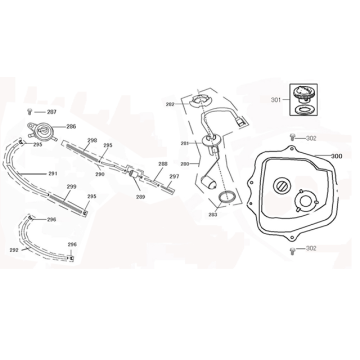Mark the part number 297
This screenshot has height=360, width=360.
(x=174, y=177)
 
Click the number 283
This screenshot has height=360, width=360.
(x=213, y=215)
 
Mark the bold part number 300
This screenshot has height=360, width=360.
(x=336, y=156)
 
